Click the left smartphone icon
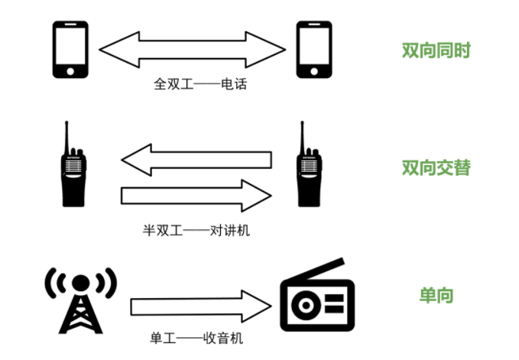70,50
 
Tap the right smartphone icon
314,50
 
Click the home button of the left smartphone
70,71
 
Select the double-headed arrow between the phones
193,50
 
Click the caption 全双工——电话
200,84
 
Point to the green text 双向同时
436,50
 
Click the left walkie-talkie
73,164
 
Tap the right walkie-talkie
309,164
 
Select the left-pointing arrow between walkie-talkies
196,160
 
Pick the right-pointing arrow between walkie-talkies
196,196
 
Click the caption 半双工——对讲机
196,230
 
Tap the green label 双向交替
436,167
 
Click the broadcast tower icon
81,300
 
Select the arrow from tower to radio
201,306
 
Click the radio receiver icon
317,294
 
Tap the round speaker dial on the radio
307,306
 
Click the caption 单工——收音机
196,338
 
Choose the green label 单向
436,295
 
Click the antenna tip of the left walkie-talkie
66,122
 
